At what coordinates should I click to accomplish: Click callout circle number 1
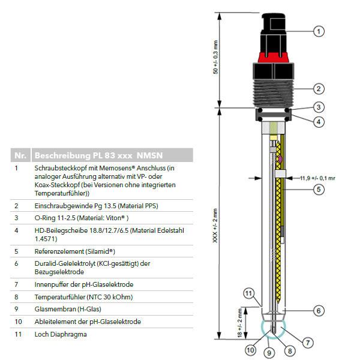319,31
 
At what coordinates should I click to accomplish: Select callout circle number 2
319,89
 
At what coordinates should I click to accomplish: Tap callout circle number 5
319,190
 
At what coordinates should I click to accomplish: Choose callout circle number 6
319,310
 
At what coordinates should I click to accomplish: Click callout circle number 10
251,349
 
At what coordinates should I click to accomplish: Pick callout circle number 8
290,350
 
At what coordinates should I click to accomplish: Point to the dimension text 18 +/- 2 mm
239,323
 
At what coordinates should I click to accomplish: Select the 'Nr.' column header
19,155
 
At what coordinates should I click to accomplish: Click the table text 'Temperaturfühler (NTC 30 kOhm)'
83,296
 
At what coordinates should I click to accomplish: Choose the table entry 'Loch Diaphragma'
61,334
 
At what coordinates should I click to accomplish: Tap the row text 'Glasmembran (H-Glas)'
67,309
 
